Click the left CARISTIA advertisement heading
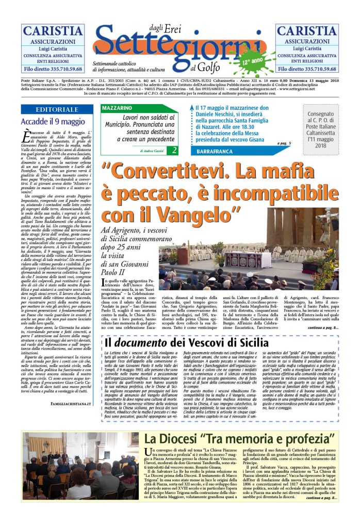52,31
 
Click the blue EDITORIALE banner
57,110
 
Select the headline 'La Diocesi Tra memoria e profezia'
239,439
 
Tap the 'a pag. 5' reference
284,143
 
